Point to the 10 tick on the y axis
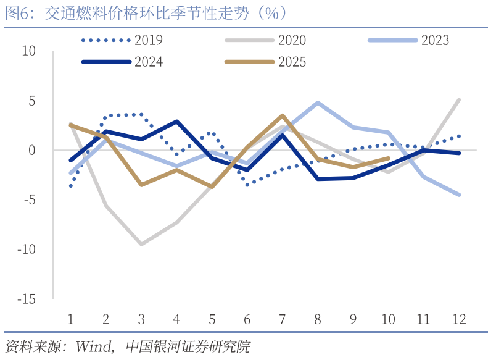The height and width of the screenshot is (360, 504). pos(28,51)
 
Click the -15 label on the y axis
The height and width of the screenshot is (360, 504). pos(27,299)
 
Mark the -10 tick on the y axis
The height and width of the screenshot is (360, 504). pos(27,249)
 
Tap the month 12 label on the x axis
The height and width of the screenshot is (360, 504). pos(458,319)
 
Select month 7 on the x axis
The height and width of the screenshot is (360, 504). pos(282,319)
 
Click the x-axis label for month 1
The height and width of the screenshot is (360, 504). pos(70,319)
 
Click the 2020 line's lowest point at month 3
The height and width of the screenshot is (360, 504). pos(141,245)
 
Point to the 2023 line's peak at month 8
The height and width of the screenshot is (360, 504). pos(318,103)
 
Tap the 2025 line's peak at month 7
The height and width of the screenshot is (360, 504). pos(283,115)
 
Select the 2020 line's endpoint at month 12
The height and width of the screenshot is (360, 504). pos(459,99)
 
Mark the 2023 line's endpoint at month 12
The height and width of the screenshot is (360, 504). pos(459,195)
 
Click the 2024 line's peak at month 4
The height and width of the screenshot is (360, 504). pos(177,122)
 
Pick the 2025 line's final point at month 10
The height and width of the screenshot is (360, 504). pos(388,158)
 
